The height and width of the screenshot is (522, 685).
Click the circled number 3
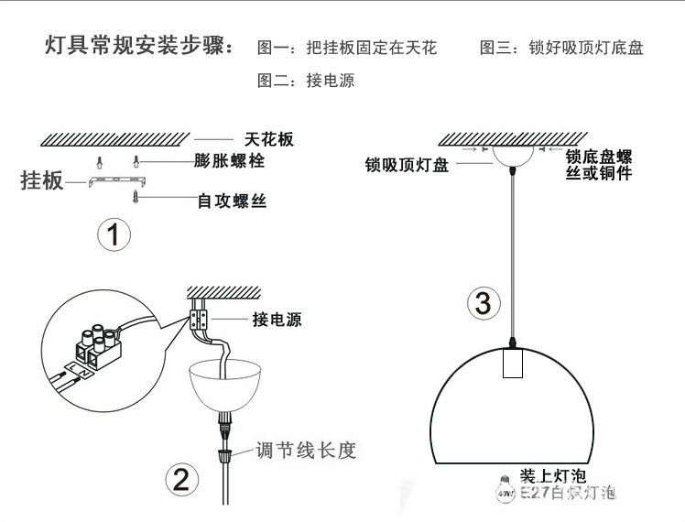tap(484, 302)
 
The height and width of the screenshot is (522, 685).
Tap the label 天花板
tap(269, 139)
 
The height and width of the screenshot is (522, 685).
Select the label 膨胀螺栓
tap(225, 162)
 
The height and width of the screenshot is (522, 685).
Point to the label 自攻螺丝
tap(232, 199)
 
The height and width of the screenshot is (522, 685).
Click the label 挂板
tap(42, 180)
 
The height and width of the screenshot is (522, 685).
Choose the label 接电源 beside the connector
tap(277, 320)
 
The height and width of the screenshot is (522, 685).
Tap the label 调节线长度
tap(305, 451)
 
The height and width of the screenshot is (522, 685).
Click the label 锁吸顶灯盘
tap(407, 166)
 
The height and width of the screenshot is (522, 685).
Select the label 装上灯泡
tap(552, 476)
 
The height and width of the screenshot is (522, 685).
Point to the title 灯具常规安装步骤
tap(139, 46)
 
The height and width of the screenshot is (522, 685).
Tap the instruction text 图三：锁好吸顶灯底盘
tap(561, 48)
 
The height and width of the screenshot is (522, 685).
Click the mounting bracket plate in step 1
tap(114, 182)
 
